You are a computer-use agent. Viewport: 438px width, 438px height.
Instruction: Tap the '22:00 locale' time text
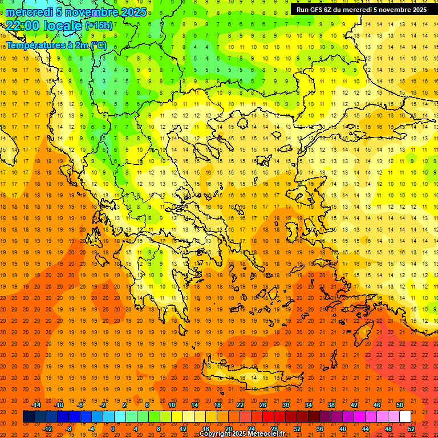click(44, 25)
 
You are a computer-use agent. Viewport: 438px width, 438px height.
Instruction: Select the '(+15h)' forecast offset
click(99, 26)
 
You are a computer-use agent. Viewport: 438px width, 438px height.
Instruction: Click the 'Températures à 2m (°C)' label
click(56, 44)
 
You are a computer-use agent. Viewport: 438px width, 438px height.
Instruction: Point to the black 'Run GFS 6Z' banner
click(361, 10)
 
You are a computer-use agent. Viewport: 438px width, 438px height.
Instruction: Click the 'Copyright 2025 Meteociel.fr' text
click(242, 433)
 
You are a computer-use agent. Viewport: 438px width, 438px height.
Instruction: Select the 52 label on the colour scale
click(411, 429)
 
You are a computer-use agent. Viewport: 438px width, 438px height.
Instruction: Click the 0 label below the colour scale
click(113, 429)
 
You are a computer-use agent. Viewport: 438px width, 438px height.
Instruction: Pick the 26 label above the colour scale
click(263, 405)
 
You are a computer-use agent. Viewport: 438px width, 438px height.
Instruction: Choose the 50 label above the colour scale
click(400, 405)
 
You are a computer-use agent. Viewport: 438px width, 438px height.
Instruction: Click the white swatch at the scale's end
click(405, 417)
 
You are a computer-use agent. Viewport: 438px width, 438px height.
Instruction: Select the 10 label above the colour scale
click(172, 405)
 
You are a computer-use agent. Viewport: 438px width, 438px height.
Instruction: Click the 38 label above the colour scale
click(331, 405)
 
